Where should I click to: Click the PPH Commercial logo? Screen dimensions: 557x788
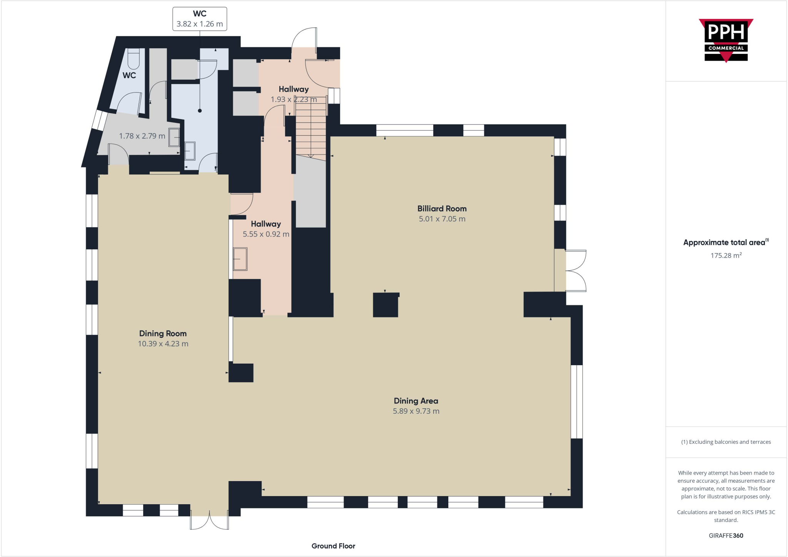click(x=726, y=40)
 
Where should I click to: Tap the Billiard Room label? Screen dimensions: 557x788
click(x=442, y=209)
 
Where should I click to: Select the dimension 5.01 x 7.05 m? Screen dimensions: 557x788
click(x=442, y=219)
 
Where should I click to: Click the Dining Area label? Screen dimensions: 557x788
click(x=416, y=401)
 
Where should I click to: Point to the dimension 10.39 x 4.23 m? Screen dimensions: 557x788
click(x=163, y=344)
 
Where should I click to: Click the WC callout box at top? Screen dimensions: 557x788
click(x=199, y=19)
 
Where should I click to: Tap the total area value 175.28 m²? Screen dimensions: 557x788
click(x=726, y=255)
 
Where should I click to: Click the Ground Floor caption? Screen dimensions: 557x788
click(x=333, y=546)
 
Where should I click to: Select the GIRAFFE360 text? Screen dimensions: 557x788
click(x=726, y=535)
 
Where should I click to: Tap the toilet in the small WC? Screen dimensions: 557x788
click(x=133, y=59)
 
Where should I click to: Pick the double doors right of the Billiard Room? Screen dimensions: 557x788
click(x=576, y=270)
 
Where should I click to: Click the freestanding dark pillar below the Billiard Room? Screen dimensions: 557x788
click(x=386, y=305)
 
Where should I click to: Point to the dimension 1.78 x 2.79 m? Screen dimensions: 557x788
click(x=142, y=136)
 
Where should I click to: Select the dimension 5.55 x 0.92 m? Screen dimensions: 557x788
click(x=265, y=234)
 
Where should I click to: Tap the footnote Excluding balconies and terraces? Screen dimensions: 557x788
click(x=726, y=442)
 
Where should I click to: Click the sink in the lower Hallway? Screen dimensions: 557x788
click(x=240, y=259)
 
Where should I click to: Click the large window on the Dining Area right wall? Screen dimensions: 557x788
click(x=576, y=401)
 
